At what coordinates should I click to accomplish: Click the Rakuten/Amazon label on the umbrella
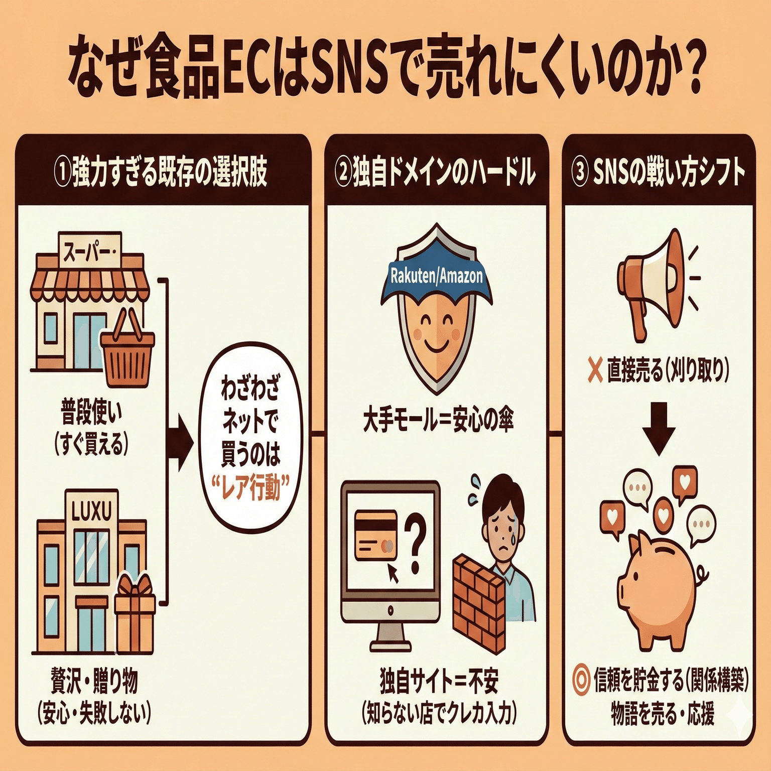pyautogui.click(x=436, y=276)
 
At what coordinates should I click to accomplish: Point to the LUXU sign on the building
pyautogui.click(x=92, y=511)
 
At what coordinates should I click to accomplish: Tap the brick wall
pyautogui.click(x=477, y=602)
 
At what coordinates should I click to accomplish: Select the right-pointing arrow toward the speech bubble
pyautogui.click(x=181, y=442)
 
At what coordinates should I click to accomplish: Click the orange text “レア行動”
pyautogui.click(x=250, y=487)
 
